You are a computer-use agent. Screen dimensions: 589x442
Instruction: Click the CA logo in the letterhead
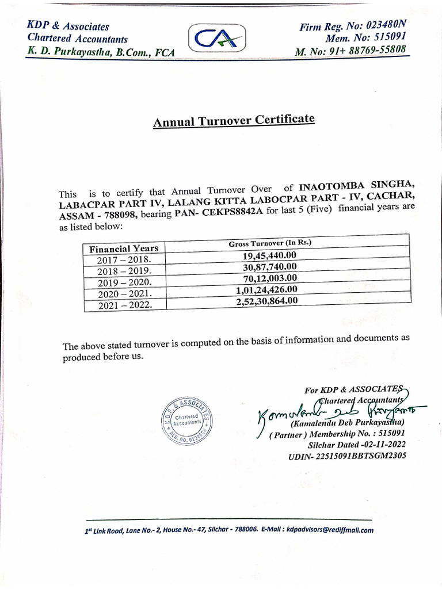(x=216, y=40)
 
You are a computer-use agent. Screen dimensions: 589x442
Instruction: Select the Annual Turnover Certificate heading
(x=234, y=121)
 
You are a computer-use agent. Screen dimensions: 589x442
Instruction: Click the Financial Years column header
(x=124, y=248)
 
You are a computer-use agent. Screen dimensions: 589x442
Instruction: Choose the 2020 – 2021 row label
(x=124, y=293)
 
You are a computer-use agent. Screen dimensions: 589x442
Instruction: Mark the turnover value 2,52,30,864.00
(x=267, y=300)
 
